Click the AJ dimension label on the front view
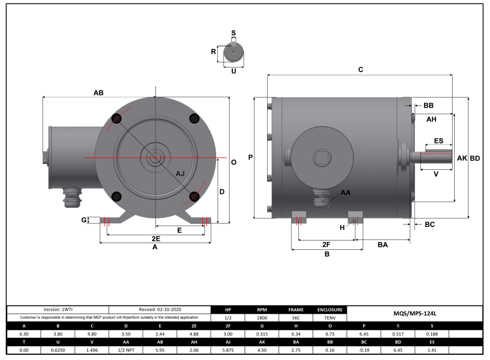pos(180,174)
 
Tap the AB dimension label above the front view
pos(98,92)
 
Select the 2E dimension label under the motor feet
pos(155,238)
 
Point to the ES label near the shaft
pos(438,141)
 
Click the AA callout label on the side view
pos(346,192)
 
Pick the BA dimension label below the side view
pos(383,244)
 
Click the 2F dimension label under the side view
pos(326,244)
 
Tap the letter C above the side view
pos(361,70)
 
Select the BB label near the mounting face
pos(428,105)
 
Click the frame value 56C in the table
pos(295,317)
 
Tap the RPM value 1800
pos(262,317)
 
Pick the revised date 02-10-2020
pos(160,310)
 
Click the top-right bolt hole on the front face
pos(194,119)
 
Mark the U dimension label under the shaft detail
pos(233,71)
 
